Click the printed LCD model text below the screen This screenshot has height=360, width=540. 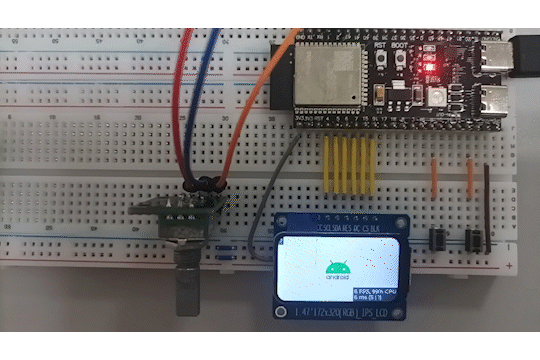[x=342, y=313]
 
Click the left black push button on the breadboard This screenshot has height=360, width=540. [x=438, y=240]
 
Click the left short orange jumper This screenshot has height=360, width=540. [x=434, y=177]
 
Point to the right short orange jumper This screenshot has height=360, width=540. [x=470, y=177]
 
